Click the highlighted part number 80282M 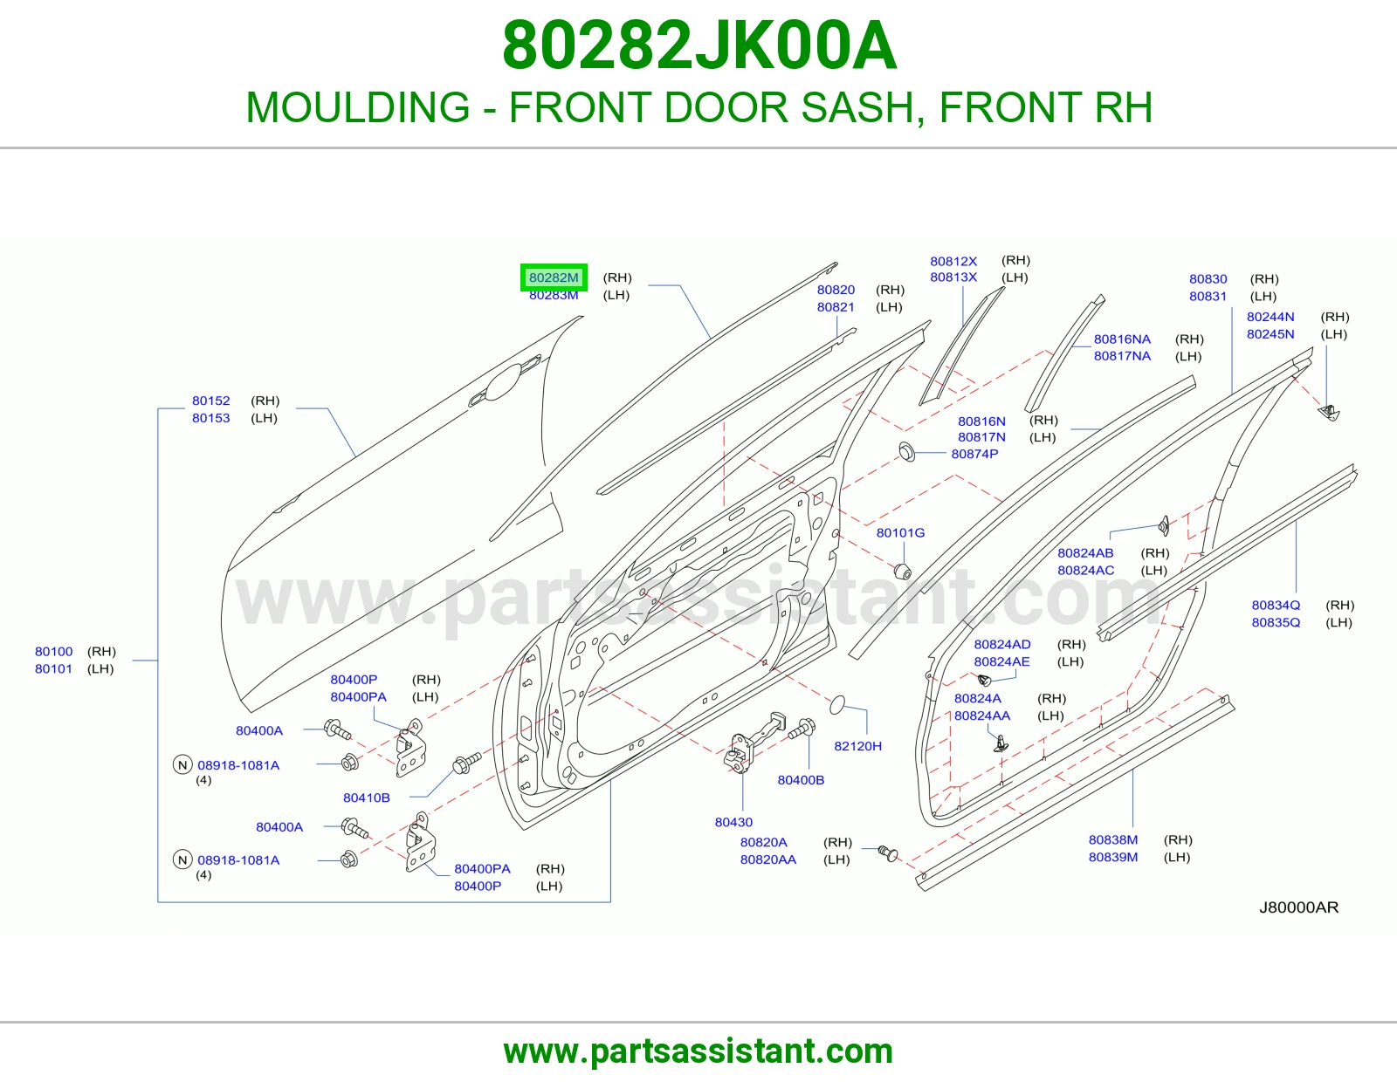click(x=554, y=277)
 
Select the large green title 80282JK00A click(x=698, y=45)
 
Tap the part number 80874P click(x=974, y=454)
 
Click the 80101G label click(x=900, y=532)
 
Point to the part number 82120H click(x=857, y=746)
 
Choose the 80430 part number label click(x=733, y=822)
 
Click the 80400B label click(x=801, y=780)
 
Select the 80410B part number click(x=367, y=798)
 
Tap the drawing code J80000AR click(x=1298, y=907)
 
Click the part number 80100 click(x=54, y=652)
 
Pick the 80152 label click(x=211, y=401)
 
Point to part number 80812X click(x=953, y=261)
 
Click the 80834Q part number click(x=1276, y=606)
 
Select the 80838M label click(x=1113, y=839)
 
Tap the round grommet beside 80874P click(x=906, y=452)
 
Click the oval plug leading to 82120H click(x=837, y=705)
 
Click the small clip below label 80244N click(x=1330, y=412)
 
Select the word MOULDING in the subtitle click(x=358, y=107)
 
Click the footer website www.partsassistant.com click(x=698, y=1051)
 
